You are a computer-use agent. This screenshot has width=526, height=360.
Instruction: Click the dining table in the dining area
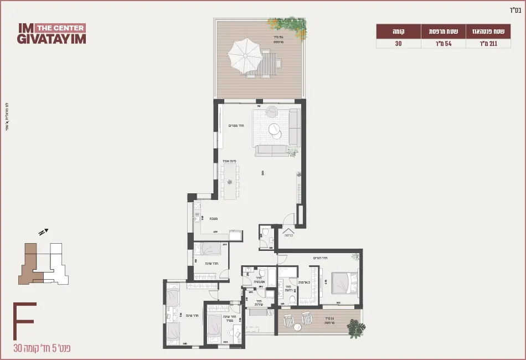[230, 182]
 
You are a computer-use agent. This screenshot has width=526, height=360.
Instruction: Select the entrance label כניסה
[288, 235]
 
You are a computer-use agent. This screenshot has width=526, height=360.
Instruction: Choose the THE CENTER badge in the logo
[60, 28]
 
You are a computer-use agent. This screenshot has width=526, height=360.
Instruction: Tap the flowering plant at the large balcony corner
[287, 29]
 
